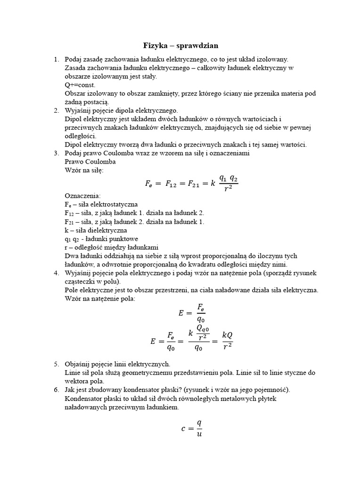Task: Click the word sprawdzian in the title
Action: click(197, 46)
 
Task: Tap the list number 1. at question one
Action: click(56, 59)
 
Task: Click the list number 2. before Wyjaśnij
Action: click(56, 110)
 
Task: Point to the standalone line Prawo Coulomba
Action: click(90, 162)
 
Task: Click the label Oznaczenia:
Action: click(82, 196)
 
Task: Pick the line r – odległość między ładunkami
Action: click(111, 247)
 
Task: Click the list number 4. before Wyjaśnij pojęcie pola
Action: click(56, 273)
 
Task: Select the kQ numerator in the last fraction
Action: click(227, 335)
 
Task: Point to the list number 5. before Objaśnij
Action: click(56, 364)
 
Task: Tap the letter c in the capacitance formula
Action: click(183, 429)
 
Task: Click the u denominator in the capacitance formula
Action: click(199, 434)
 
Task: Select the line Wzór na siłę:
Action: click(83, 170)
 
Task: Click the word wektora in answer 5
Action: click(78, 381)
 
